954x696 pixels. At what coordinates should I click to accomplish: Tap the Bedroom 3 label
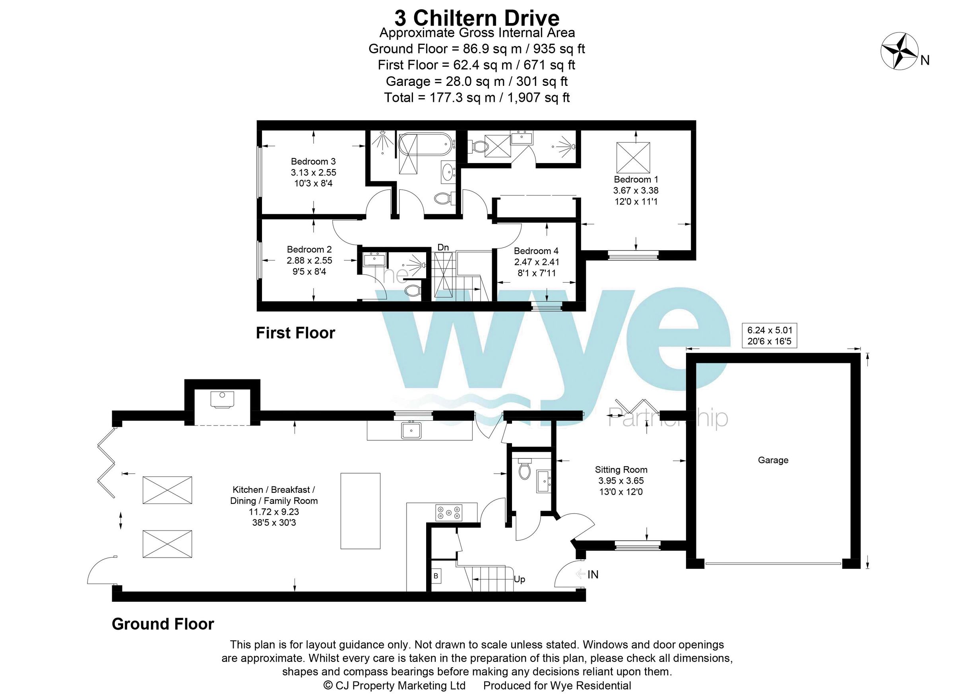313,161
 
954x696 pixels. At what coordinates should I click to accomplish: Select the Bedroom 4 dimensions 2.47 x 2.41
536,262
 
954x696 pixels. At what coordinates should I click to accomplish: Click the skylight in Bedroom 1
633,157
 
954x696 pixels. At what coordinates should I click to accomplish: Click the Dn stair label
443,247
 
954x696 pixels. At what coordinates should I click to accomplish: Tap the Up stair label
519,579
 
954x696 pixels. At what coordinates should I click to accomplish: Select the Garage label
773,460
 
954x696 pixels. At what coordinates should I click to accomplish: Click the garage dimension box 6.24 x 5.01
770,335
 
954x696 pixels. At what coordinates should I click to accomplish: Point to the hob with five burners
449,513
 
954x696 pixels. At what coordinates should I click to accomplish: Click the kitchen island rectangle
361,511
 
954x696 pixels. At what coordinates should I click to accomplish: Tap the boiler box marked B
436,576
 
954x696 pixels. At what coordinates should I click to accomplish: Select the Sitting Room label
621,469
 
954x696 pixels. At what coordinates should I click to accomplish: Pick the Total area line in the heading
477,98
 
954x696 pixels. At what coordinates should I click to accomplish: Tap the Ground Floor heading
163,624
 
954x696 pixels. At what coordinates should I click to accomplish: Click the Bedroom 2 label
309,249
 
